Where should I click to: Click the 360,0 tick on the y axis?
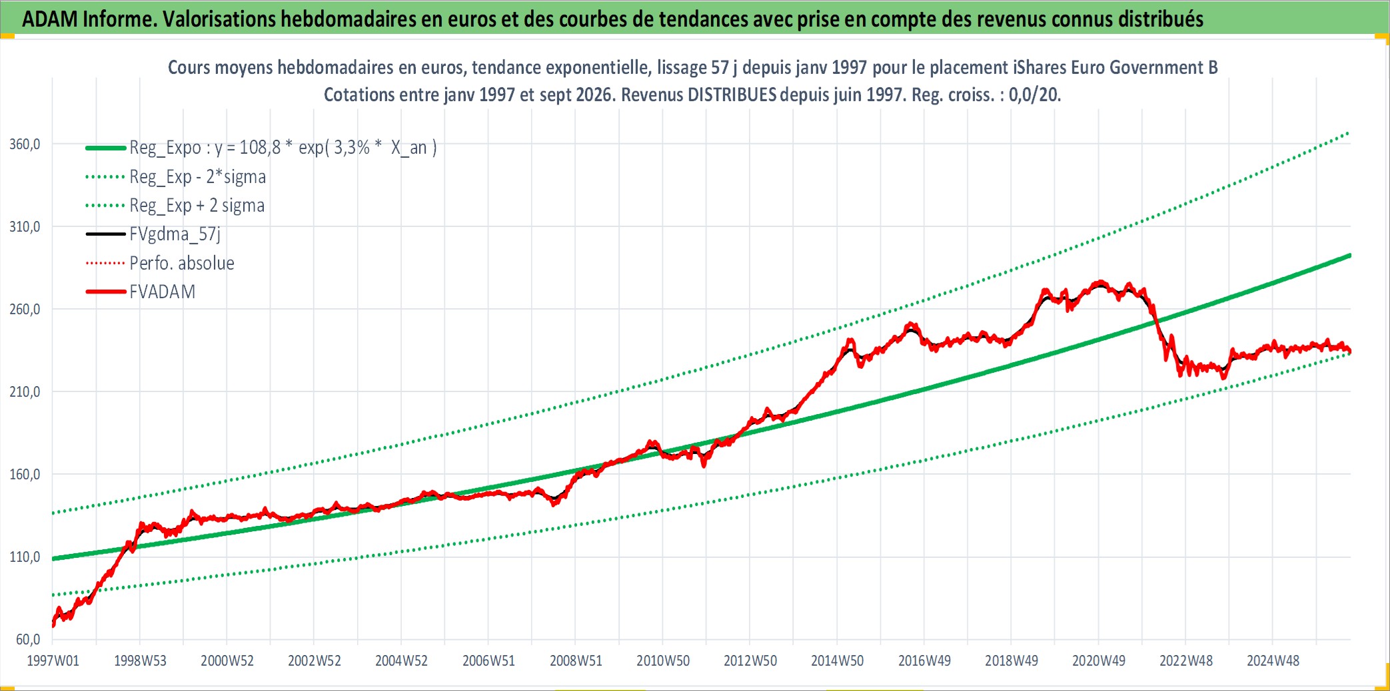[x=25, y=144]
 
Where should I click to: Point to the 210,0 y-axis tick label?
[x=25, y=392]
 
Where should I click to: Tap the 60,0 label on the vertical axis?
[x=28, y=640]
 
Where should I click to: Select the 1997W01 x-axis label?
[x=53, y=661]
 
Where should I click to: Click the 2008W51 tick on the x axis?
[x=576, y=661]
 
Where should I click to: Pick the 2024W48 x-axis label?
[x=1273, y=661]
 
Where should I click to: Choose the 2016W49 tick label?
[x=924, y=661]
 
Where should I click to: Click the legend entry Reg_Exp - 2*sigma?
[x=197, y=177]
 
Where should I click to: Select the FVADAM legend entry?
[x=163, y=292]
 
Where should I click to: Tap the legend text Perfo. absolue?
[x=182, y=264]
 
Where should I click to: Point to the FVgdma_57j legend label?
[x=175, y=234]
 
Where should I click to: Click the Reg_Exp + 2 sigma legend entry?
[x=197, y=206]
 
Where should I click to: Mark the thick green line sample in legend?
[x=105, y=148]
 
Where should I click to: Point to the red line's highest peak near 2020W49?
[x=1101, y=282]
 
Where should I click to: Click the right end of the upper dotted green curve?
[x=1349, y=133]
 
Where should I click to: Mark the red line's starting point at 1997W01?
[x=53, y=624]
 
